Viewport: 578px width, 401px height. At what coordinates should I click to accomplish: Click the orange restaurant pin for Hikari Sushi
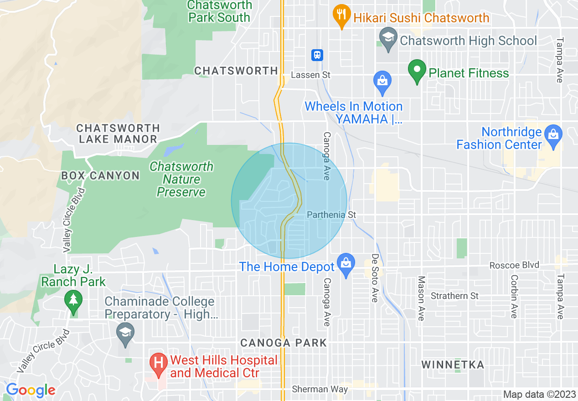coord(341,15)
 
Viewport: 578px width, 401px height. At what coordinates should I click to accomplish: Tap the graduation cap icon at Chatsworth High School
coord(387,36)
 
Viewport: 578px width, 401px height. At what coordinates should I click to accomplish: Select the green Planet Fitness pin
coord(417,71)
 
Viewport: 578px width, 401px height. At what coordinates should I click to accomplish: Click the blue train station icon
coord(317,55)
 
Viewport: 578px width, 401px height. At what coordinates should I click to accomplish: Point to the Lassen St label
coord(311,75)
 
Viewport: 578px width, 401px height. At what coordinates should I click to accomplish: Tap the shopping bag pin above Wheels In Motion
coord(382,81)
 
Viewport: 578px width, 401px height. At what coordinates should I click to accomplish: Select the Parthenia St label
coord(331,215)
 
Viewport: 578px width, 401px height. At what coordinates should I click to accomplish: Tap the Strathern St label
coord(454,296)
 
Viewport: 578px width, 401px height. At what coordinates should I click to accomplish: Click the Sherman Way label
coord(320,389)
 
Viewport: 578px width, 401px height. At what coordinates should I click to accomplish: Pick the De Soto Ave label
coord(375,278)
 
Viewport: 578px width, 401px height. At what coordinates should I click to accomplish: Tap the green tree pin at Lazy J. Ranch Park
coord(73,301)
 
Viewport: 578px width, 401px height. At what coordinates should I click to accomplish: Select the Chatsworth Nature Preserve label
coord(181,180)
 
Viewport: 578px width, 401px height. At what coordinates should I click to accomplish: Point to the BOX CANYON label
coord(100,176)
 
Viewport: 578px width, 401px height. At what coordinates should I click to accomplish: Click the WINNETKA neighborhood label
coord(452,365)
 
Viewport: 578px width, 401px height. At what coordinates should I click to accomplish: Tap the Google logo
coord(30,391)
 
